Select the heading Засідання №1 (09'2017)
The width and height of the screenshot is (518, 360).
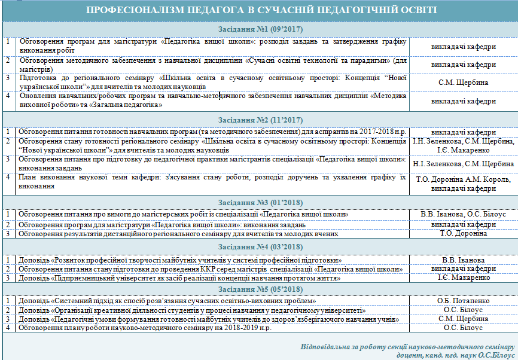pos(259,29)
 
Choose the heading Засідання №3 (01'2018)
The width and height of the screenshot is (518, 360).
pos(259,202)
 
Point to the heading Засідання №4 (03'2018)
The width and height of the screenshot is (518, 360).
pos(259,247)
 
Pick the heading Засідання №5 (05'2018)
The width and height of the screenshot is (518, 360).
pos(259,289)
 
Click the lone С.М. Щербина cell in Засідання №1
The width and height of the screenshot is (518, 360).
pos(463,82)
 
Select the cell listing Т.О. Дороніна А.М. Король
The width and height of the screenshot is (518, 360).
pos(463,183)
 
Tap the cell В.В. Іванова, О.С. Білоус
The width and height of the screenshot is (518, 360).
pos(463,213)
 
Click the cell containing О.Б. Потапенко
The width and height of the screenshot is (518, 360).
pos(463,301)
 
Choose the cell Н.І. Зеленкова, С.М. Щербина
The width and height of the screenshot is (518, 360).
pos(463,164)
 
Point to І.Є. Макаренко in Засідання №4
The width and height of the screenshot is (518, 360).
pos(463,278)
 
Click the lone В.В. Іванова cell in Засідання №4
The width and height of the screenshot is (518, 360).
pos(463,260)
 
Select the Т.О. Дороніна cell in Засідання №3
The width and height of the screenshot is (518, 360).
pos(463,233)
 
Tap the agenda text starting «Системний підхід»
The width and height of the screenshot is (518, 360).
pos(167,301)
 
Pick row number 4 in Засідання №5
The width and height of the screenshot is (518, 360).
pos(8,328)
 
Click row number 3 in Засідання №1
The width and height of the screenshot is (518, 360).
pos(8,77)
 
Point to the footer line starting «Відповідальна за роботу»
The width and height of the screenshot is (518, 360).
pos(407,347)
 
